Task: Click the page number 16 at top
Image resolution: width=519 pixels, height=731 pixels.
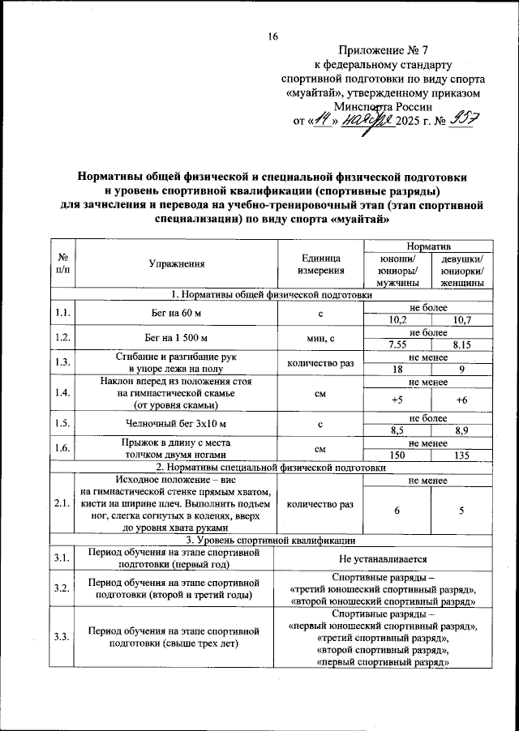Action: pyautogui.click(x=272, y=36)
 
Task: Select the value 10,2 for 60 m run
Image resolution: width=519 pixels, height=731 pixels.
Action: pyautogui.click(x=398, y=319)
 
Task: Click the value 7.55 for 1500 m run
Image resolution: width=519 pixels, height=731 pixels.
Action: pyautogui.click(x=398, y=344)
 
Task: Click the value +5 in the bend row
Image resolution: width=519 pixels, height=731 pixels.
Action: pyautogui.click(x=398, y=400)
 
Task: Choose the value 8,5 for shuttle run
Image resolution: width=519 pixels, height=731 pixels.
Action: pyautogui.click(x=398, y=430)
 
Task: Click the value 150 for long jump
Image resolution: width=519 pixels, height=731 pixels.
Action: pyautogui.click(x=398, y=455)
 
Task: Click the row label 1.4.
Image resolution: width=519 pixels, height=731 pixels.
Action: pyautogui.click(x=62, y=393)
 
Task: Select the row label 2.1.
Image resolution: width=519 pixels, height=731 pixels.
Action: pyautogui.click(x=62, y=504)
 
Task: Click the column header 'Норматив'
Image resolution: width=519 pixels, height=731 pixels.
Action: pyautogui.click(x=430, y=245)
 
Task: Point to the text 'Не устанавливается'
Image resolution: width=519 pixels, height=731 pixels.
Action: pyautogui.click(x=381, y=558)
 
